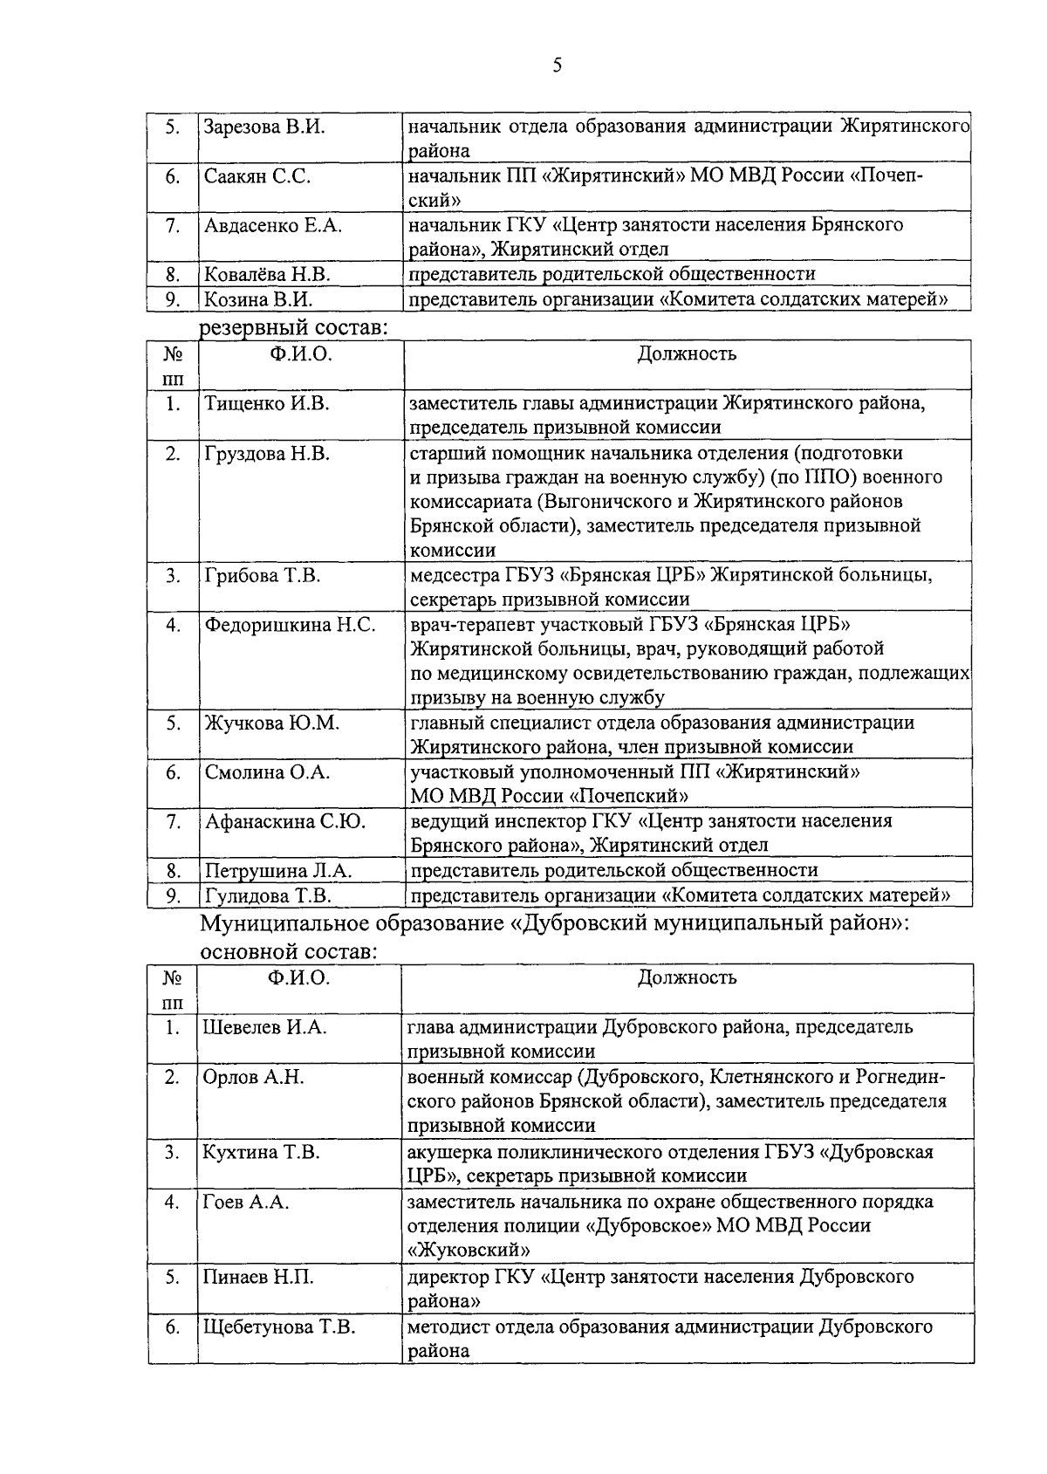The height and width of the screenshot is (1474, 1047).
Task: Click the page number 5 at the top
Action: (557, 66)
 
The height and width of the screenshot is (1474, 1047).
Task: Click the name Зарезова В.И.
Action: (264, 127)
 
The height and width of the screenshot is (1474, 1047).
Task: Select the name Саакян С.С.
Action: (257, 176)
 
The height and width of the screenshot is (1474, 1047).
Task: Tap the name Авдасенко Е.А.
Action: (273, 225)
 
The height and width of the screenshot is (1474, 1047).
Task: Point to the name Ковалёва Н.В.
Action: (267, 274)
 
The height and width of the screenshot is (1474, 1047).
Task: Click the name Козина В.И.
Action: (258, 299)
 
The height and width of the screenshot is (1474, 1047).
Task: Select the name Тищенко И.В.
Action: (266, 403)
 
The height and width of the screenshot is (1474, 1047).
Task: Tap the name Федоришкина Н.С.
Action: (291, 625)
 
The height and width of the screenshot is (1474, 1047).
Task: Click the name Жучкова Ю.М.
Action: (271, 723)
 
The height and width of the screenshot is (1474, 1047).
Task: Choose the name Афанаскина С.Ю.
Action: (285, 821)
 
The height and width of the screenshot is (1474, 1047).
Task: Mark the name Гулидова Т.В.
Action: (268, 895)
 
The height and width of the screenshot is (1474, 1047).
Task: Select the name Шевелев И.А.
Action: (264, 1027)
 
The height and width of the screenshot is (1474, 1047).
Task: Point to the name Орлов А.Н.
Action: (253, 1077)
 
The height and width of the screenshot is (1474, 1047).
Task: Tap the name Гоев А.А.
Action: (245, 1202)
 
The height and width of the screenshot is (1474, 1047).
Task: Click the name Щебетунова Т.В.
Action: (279, 1327)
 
